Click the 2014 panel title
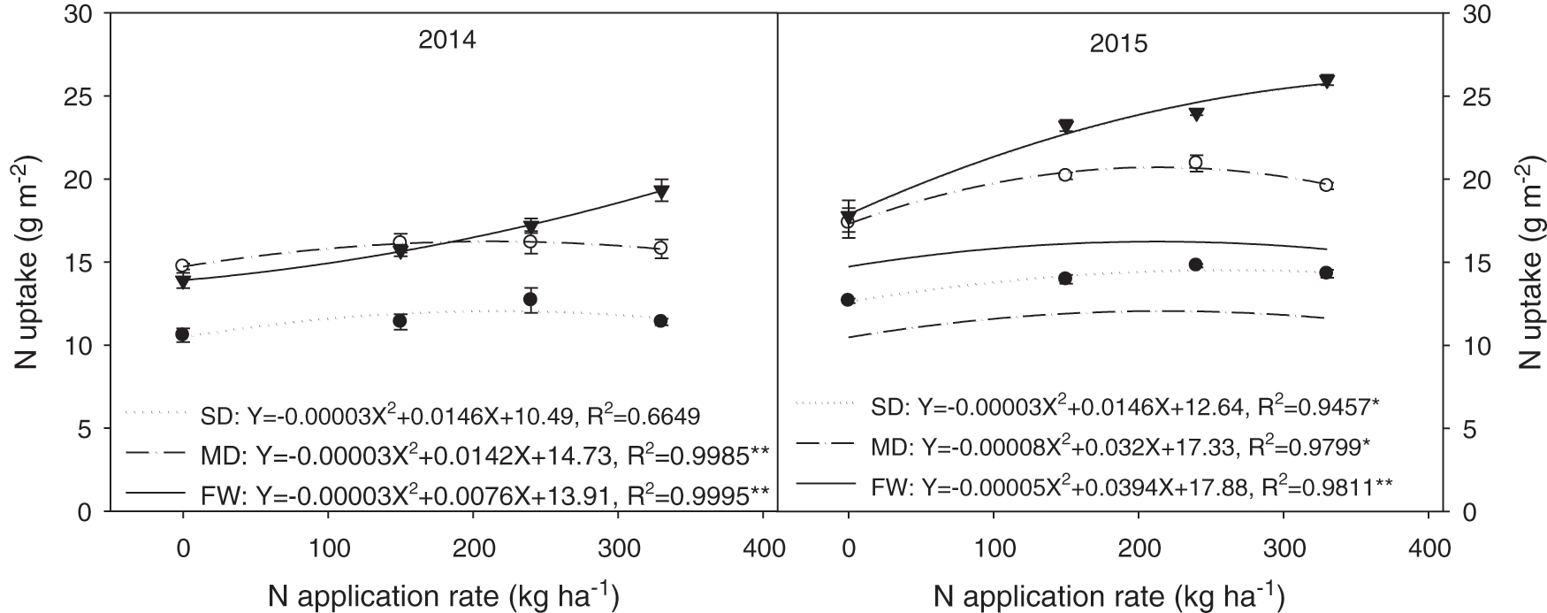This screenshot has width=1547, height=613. click(x=446, y=41)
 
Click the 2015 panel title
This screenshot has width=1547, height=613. click(x=1118, y=43)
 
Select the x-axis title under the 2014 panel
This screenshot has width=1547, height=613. click(x=443, y=594)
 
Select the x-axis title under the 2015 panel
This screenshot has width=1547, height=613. click(x=1108, y=594)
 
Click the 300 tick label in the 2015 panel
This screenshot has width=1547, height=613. click(x=1283, y=548)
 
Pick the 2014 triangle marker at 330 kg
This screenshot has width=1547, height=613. click(x=661, y=192)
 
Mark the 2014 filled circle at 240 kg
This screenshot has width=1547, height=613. click(x=530, y=299)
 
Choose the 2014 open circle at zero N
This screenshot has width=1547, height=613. click(x=183, y=265)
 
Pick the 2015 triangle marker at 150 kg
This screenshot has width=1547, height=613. click(x=1065, y=126)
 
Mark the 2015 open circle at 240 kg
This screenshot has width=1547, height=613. click(x=1196, y=162)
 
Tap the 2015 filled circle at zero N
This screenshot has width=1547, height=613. click(x=848, y=300)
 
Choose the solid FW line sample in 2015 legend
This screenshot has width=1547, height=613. click(x=826, y=485)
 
